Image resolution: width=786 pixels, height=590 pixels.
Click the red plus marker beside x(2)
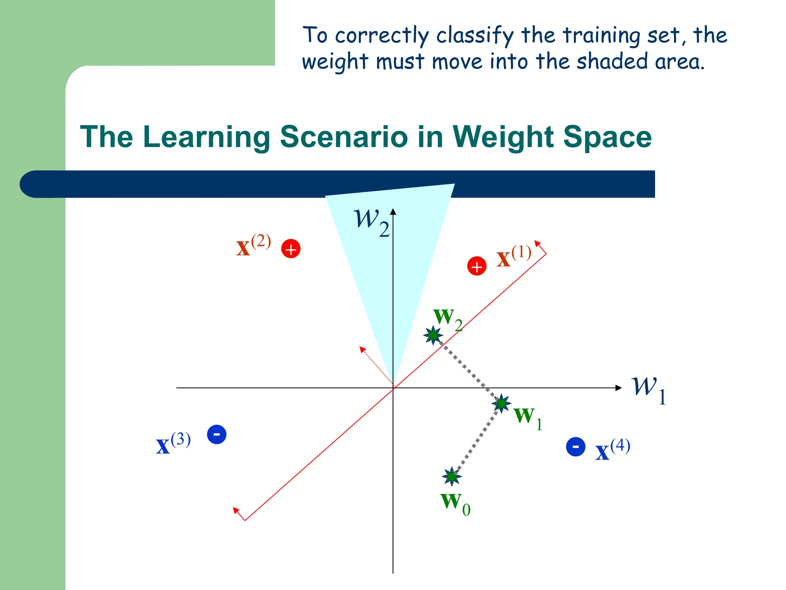click(x=291, y=249)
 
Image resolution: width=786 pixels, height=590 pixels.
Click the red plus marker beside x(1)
click(x=477, y=266)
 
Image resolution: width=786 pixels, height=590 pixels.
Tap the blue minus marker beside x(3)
click(x=216, y=434)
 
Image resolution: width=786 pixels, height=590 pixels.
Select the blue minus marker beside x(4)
click(x=576, y=447)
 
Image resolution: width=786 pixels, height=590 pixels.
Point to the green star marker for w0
click(x=452, y=476)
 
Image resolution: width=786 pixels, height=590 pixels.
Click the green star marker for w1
click(x=501, y=403)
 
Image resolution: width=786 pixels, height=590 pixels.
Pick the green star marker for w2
click(x=433, y=335)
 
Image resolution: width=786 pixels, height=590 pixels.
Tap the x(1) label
click(x=514, y=257)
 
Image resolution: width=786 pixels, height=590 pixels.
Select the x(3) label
click(x=173, y=444)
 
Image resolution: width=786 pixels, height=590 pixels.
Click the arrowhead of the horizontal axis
click(x=618, y=388)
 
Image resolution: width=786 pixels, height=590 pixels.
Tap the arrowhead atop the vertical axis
click(x=393, y=212)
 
